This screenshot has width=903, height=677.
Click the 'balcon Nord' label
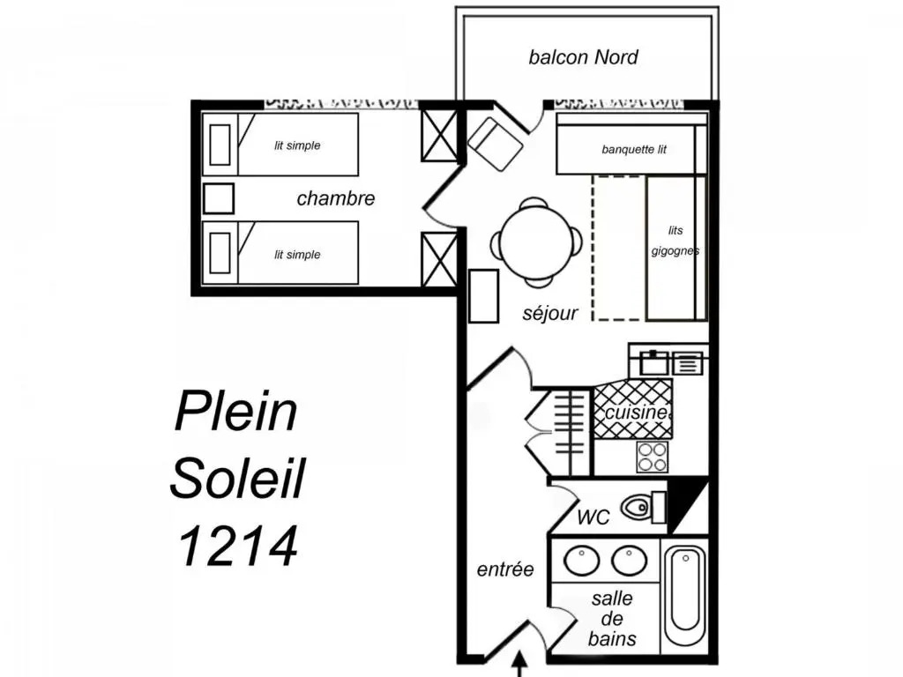(583, 57)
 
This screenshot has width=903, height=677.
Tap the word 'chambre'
(336, 198)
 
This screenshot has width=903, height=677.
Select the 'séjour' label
(550, 313)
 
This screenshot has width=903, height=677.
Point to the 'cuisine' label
(637, 413)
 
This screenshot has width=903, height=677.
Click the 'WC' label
(593, 517)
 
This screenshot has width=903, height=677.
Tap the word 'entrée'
(505, 569)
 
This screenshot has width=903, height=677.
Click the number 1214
(238, 546)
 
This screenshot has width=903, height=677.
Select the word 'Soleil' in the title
(237, 479)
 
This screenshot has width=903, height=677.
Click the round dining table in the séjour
(536, 242)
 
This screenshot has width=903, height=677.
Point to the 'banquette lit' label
(634, 150)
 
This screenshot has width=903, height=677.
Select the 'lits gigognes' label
(675, 241)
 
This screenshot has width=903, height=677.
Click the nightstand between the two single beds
(219, 198)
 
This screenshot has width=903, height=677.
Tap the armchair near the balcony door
(496, 144)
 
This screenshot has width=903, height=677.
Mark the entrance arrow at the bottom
(520, 664)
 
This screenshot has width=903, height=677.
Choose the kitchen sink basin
(653, 363)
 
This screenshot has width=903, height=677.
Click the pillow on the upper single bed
(220, 145)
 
